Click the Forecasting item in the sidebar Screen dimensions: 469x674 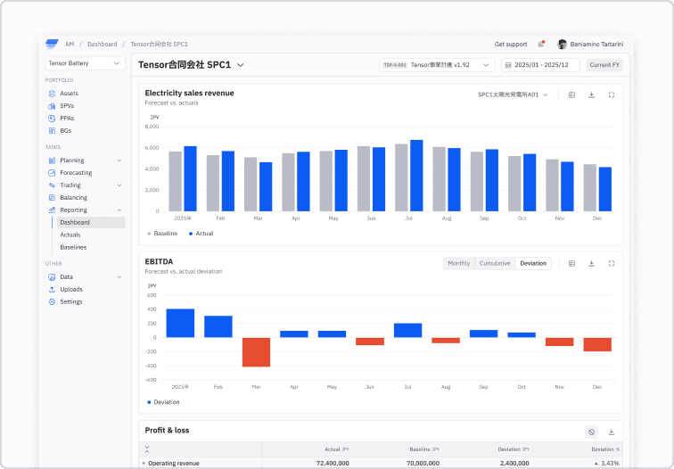tap(75, 173)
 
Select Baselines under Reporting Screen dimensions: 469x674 tap(73, 247)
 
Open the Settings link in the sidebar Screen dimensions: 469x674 tap(70, 301)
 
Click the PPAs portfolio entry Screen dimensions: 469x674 tap(67, 118)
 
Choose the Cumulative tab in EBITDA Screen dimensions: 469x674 tap(495, 263)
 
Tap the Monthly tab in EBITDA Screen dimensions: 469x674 tap(458, 263)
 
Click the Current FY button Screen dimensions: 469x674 tap(604, 65)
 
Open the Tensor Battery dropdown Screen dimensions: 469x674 tap(86, 63)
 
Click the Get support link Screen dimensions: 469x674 tap(511, 44)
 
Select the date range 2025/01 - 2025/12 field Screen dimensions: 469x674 tap(541, 65)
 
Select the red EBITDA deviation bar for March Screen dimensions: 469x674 tap(256, 352)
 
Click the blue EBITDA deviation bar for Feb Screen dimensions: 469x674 tap(218, 326)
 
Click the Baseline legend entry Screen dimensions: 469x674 tap(162, 234)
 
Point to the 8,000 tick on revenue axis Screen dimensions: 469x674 tap(152, 127)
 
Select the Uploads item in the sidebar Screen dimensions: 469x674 tap(70, 289)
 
